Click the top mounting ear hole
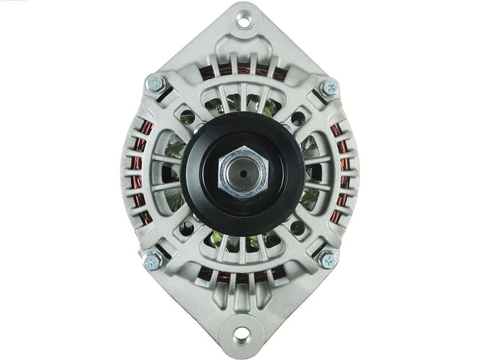click(x=243, y=19)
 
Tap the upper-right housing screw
click(x=329, y=87)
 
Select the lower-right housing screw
click(x=328, y=260)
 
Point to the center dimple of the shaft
click(x=243, y=173)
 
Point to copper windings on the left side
click(x=141, y=173)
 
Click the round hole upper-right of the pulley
click(x=298, y=118)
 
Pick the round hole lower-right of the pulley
click(x=297, y=228)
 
